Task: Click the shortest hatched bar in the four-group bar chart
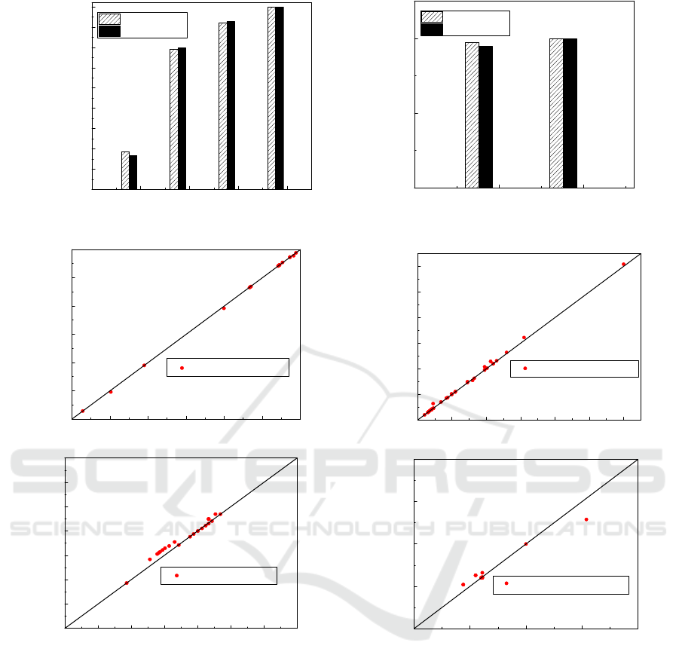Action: [x=125, y=170]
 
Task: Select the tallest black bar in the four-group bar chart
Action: [x=280, y=98]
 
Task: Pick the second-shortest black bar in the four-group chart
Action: [x=182, y=118]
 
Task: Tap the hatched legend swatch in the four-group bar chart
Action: [x=109, y=19]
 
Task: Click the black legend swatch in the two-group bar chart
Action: [x=432, y=29]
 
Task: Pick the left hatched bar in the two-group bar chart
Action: [x=472, y=115]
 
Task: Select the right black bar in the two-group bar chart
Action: [x=570, y=113]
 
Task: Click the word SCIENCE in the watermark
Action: [x=77, y=528]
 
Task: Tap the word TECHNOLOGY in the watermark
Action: [x=331, y=528]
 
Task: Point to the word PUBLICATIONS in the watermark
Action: [x=556, y=528]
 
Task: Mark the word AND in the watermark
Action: [x=186, y=528]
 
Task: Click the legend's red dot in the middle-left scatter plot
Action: [x=182, y=368]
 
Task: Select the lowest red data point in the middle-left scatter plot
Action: [x=83, y=411]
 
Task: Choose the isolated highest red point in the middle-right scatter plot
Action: [x=623, y=265]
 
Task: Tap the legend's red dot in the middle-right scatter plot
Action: [x=525, y=368]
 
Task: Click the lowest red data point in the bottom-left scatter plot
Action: [x=127, y=583]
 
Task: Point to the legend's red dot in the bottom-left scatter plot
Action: [x=176, y=575]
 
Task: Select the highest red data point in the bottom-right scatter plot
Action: [x=586, y=519]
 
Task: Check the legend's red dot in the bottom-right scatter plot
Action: [x=506, y=583]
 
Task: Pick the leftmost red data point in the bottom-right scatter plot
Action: [x=463, y=584]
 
